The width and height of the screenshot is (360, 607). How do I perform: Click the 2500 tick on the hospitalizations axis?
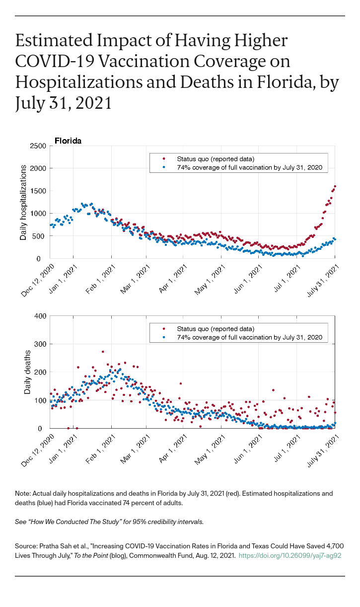point(39,146)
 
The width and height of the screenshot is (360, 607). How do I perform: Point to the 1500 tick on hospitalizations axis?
point(39,191)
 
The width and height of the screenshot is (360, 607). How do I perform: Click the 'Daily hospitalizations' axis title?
point(23,202)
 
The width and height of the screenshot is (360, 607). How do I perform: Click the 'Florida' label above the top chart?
point(68,141)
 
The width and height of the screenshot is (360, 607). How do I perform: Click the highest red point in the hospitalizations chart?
point(335,186)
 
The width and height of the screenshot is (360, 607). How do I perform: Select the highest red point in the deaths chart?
point(103,352)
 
